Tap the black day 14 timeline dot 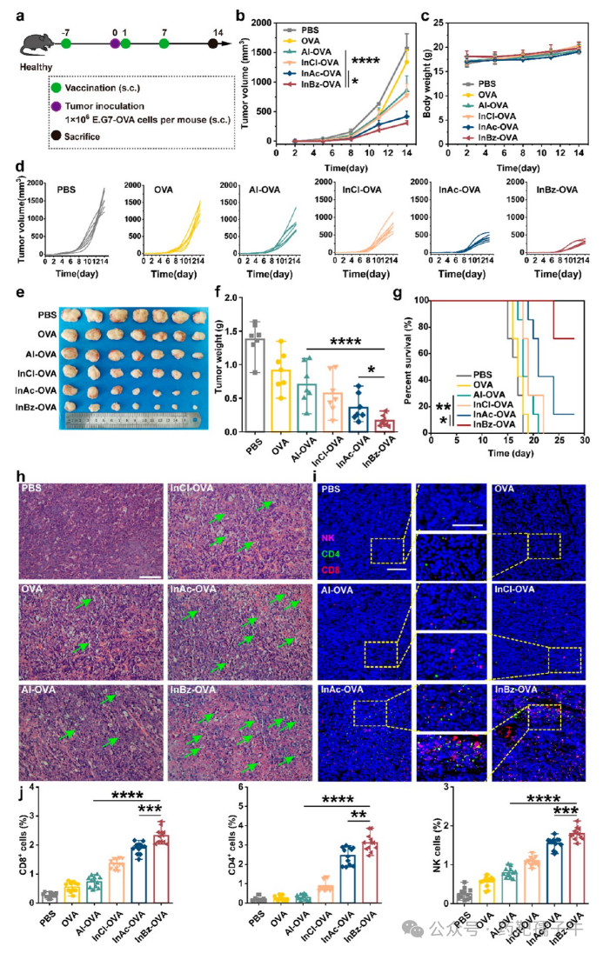point(214,42)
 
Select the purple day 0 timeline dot point(114,42)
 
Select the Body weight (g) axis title point(424,78)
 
